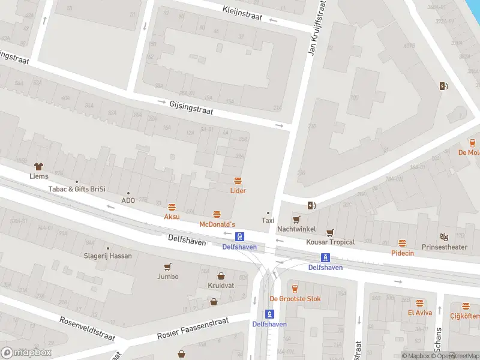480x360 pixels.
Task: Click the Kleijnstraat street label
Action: [x=242, y=13]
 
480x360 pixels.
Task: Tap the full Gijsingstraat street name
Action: [x=191, y=107]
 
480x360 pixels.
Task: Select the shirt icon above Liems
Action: [x=39, y=166]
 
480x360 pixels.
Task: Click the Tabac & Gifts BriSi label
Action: [x=77, y=189]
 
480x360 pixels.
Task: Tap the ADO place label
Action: [x=128, y=200]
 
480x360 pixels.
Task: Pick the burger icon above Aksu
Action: [x=172, y=206]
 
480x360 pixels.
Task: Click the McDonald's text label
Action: [x=217, y=224]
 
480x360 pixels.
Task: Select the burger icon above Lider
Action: [x=238, y=181]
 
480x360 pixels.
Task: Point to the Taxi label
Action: [x=268, y=220]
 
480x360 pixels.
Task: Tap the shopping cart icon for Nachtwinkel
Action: [x=296, y=220]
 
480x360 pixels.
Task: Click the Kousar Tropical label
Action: [x=330, y=242]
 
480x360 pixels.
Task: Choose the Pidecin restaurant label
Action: [x=402, y=253]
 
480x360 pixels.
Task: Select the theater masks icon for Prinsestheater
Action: [x=444, y=238]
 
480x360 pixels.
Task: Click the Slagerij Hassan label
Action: [x=108, y=256]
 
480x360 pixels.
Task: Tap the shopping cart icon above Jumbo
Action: [x=167, y=267]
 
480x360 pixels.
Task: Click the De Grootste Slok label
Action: [x=295, y=298]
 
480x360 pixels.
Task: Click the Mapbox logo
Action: [x=26, y=353]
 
